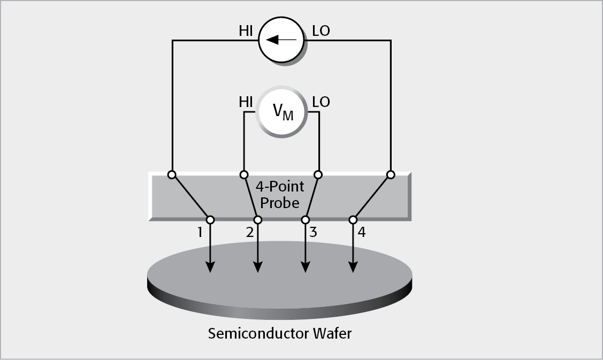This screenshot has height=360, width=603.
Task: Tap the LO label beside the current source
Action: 320,31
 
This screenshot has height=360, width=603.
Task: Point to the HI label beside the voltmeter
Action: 246,102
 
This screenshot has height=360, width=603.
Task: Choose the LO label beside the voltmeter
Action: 320,102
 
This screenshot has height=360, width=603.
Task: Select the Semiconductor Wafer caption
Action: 280,334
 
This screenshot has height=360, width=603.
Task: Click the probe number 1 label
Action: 200,233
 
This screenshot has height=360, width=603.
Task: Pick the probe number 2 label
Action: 249,233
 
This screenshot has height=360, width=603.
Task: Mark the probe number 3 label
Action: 314,233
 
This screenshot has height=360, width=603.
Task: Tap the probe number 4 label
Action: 362,233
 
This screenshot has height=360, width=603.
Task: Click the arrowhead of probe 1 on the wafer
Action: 210,266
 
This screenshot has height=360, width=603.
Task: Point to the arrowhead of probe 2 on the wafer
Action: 258,266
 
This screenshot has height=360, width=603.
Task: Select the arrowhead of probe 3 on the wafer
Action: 306,266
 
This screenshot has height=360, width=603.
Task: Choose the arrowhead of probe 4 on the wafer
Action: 353,266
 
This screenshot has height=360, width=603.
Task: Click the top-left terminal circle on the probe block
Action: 172,175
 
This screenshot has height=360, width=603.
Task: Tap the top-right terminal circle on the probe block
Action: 391,175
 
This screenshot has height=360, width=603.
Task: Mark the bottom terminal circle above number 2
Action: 258,220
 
